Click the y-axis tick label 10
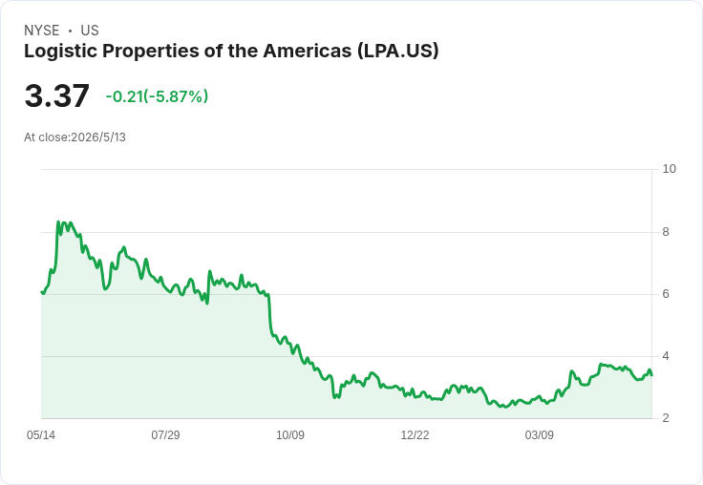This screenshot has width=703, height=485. (669, 169)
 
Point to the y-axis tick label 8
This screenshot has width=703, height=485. (666, 232)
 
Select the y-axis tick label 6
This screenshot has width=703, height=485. (666, 294)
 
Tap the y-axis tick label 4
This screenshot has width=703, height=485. (666, 356)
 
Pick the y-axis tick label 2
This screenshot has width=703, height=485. (666, 418)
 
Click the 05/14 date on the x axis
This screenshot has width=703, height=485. (41, 435)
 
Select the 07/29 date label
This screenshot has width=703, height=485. (165, 435)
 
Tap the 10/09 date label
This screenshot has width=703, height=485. (290, 435)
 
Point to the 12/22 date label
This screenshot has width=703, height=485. (415, 435)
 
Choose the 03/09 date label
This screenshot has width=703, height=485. (540, 435)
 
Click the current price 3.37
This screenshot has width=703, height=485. (57, 95)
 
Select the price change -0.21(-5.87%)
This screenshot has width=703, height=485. (157, 96)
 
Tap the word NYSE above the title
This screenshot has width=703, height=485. (42, 31)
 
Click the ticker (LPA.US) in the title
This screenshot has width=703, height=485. (398, 52)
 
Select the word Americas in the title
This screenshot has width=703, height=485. (308, 51)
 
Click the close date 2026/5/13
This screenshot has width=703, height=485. (98, 137)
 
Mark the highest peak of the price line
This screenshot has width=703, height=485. (58, 221)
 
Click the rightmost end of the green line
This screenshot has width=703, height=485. (651, 375)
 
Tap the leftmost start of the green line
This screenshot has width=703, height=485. (42, 292)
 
